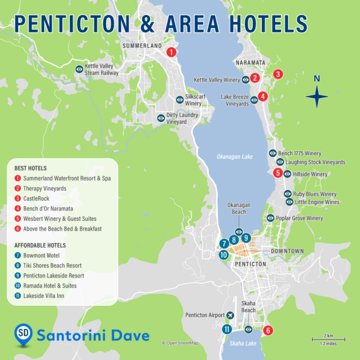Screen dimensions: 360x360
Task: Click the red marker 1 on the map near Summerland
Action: pos(171,52)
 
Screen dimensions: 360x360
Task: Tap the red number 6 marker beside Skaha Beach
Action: pos(267,331)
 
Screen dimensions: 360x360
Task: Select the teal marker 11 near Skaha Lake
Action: pos(227,329)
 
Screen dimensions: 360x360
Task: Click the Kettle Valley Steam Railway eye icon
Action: pos(80,69)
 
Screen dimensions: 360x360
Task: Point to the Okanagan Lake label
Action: pos(234,156)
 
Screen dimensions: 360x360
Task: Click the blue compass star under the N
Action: pos(316,96)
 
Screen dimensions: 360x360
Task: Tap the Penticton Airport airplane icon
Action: pos(230,316)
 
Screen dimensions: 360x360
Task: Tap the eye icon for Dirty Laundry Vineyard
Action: pos(161,118)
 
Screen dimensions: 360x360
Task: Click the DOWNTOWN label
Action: pos(287,252)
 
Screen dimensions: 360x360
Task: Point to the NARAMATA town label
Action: pos(250,62)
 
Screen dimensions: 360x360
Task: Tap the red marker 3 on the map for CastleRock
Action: pos(278,74)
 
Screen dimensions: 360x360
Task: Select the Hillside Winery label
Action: pos(310,174)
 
